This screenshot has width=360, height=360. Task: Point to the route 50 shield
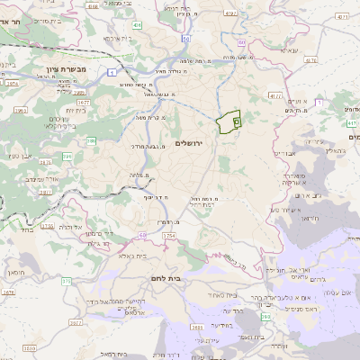click(184, 40)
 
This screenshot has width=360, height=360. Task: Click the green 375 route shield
click(67, 282)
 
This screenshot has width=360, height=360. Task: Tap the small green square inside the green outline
click(237, 120)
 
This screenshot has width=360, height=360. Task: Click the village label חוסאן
click(16, 270)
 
